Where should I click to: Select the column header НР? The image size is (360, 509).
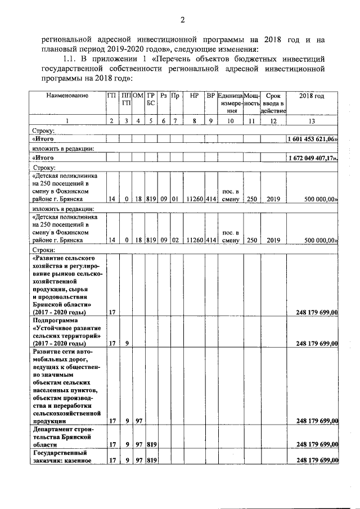194,96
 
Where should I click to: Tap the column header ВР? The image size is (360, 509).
211,96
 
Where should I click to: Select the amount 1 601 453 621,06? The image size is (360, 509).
312,139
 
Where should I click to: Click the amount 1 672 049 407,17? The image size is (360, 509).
312,158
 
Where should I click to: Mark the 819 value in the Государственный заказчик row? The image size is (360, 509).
151,461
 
